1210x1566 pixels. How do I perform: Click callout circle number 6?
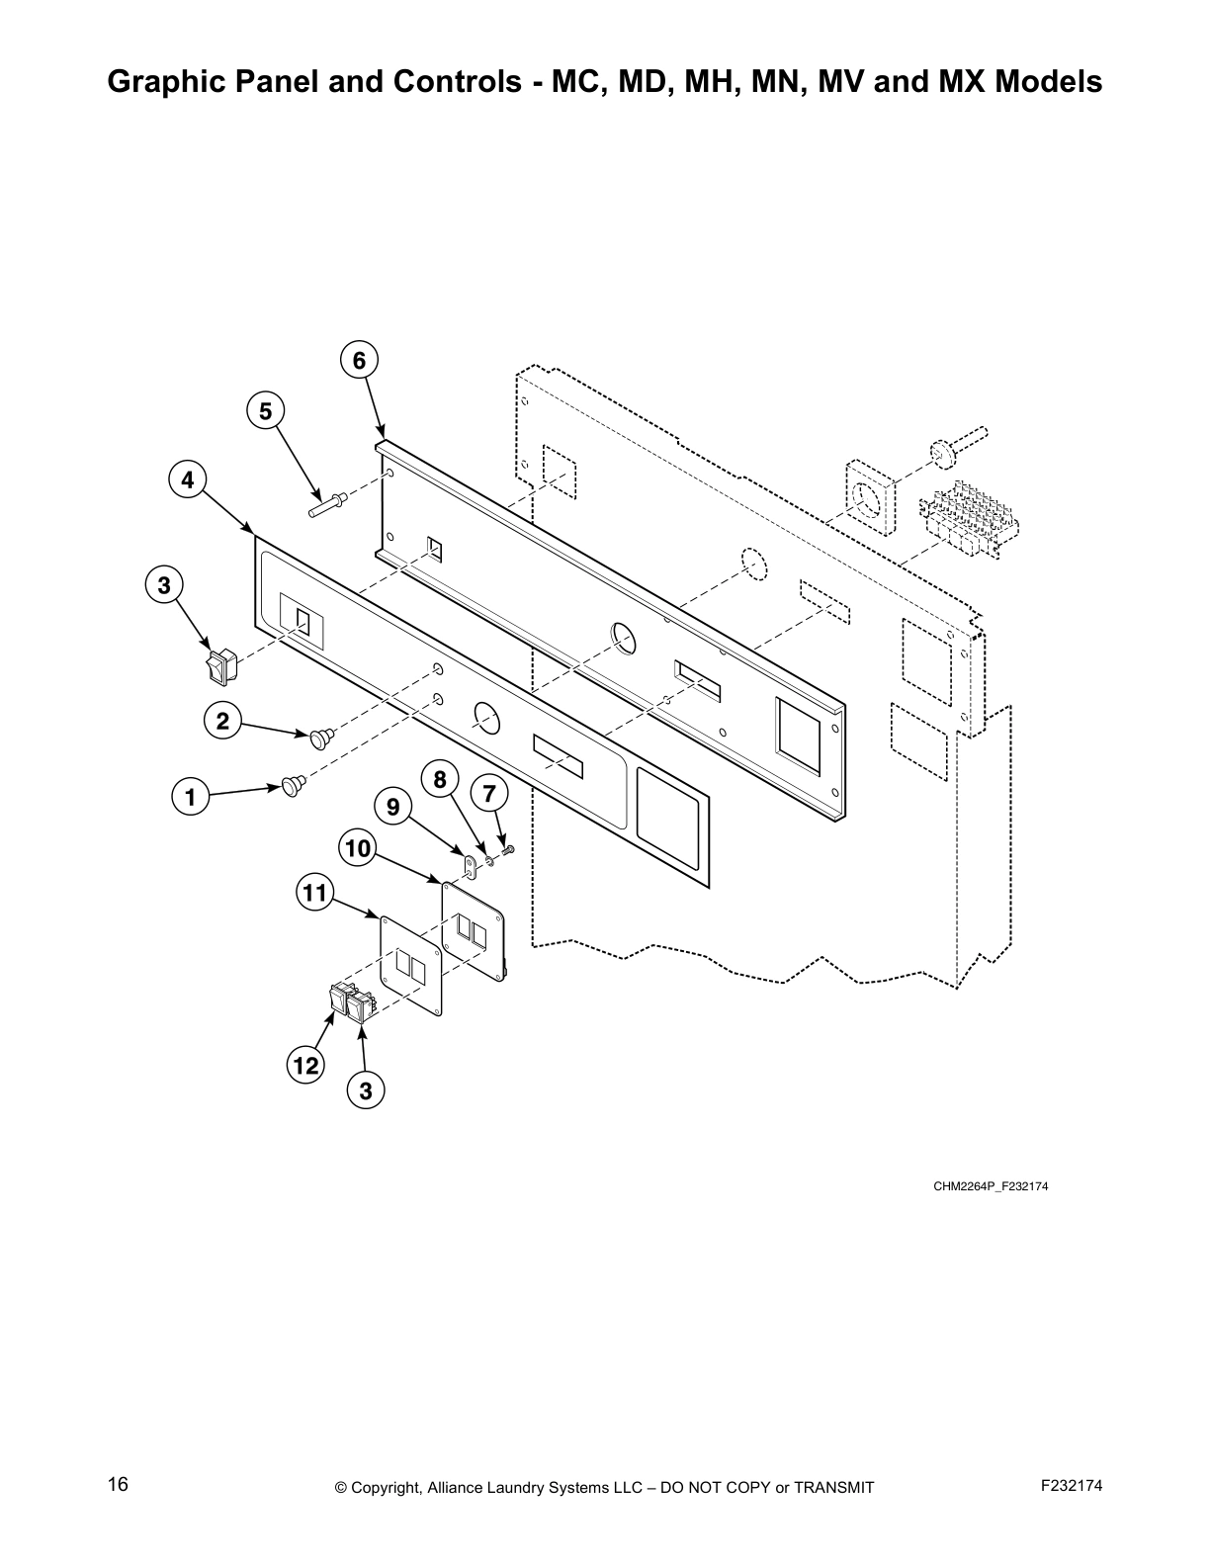pyautogui.click(x=359, y=361)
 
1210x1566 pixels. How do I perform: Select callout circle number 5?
pyautogui.click(x=265, y=411)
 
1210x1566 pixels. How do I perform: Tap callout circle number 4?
pyautogui.click(x=187, y=480)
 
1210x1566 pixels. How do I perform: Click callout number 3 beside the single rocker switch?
pyautogui.click(x=164, y=585)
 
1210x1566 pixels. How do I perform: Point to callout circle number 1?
pyautogui.click(x=190, y=797)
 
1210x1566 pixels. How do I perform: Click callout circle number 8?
pyautogui.click(x=440, y=780)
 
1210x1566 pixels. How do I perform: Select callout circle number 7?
pyautogui.click(x=488, y=793)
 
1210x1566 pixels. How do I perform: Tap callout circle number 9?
pyautogui.click(x=392, y=808)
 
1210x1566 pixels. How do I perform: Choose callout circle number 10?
pyautogui.click(x=357, y=848)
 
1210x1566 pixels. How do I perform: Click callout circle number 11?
pyautogui.click(x=314, y=895)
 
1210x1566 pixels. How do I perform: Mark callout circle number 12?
pyautogui.click(x=305, y=1065)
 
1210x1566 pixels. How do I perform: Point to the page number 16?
pyautogui.click(x=118, y=1484)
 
